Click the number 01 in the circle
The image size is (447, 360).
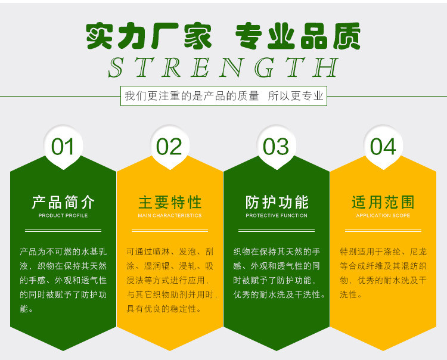(63, 147)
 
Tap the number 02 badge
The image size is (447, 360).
(169, 147)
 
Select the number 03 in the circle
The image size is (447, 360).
(276, 147)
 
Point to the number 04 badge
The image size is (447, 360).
(383, 147)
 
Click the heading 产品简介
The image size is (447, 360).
(63, 203)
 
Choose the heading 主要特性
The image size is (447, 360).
(170, 203)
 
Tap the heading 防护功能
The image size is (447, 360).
(277, 203)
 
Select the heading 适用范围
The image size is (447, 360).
(383, 203)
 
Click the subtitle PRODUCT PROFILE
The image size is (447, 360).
(63, 216)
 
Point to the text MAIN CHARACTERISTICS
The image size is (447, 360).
(170, 216)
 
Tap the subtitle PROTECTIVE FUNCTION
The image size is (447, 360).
(277, 216)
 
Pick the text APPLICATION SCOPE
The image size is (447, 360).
(383, 216)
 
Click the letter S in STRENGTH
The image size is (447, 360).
(116, 67)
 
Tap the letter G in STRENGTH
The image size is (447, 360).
(265, 67)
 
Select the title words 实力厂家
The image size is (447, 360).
(149, 36)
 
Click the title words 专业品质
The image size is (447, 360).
(298, 36)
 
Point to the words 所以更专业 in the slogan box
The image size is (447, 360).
(296, 96)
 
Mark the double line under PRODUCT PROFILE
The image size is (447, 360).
(63, 230)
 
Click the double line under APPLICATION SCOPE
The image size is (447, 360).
(383, 230)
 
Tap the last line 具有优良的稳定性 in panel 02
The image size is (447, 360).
(164, 309)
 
